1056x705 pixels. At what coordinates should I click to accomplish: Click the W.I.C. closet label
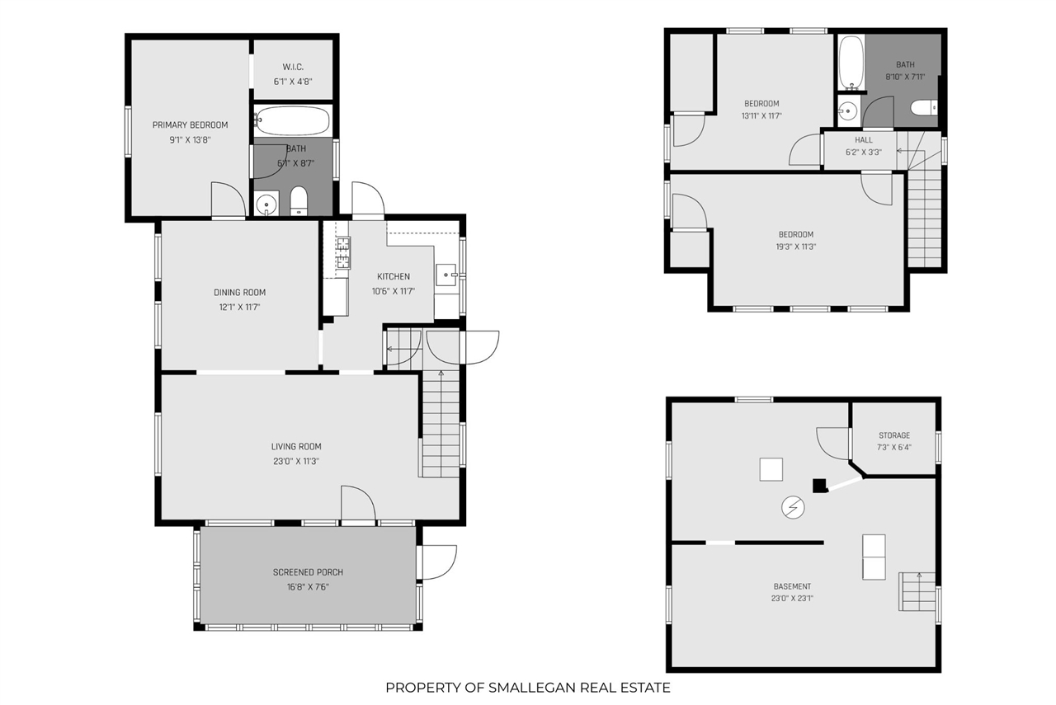293,67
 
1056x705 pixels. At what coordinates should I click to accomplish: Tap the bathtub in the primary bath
293,120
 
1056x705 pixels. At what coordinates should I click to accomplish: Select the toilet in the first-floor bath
299,201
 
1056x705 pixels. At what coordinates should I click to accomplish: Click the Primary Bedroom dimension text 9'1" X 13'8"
190,140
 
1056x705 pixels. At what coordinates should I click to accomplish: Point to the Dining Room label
239,293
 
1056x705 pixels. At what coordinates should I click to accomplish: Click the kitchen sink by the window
446,275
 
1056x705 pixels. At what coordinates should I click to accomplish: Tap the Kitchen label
394,276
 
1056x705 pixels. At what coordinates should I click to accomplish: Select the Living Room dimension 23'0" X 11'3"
296,462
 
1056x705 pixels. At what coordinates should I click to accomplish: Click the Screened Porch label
308,572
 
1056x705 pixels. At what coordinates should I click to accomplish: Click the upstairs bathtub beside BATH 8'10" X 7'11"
851,63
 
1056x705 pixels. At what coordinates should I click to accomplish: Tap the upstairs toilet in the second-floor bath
923,108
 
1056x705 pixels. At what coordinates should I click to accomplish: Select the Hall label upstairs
864,140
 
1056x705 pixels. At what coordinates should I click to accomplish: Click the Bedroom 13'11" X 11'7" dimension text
761,116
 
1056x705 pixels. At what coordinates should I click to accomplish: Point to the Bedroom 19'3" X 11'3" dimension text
796,247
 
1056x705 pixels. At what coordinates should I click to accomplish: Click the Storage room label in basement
893,435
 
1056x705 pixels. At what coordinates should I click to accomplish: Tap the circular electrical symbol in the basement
793,508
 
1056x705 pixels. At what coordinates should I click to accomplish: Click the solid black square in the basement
820,486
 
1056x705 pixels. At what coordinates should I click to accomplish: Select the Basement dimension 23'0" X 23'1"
792,599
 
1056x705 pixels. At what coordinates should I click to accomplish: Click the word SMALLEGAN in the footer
532,688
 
